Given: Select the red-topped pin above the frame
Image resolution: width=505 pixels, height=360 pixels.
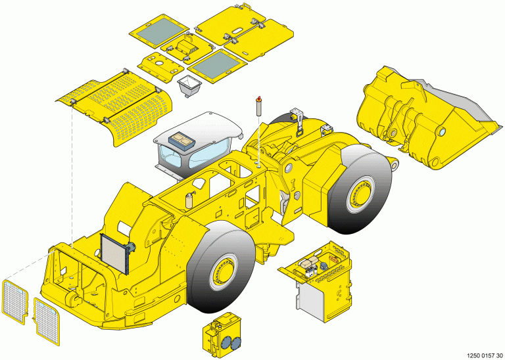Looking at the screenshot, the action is (x=258, y=106).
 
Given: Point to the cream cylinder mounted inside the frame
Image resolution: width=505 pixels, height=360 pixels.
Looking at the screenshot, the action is (x=189, y=200).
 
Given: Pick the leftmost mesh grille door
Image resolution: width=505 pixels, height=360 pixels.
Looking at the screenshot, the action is (x=15, y=302).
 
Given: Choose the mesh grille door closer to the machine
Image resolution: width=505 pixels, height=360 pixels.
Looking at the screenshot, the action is (x=47, y=321).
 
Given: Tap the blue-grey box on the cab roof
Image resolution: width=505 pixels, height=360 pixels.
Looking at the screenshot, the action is (x=181, y=141).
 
